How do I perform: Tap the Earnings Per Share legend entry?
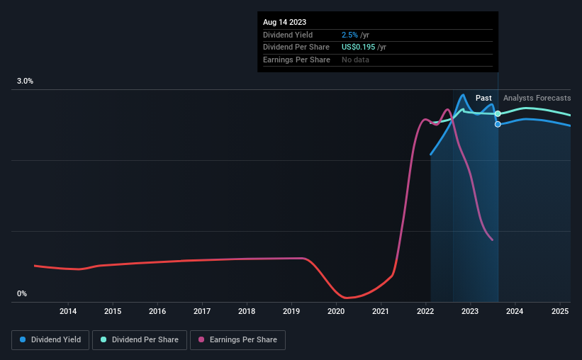pos(238,340)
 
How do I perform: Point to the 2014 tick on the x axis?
pos(68,312)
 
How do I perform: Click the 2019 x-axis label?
pos(291,312)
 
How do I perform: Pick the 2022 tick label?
pos(425,312)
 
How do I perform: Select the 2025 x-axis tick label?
pos(559,312)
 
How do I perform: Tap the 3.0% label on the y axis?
pos(26,81)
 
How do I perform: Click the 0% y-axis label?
pos(22,294)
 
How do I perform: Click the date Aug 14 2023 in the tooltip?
pos(285,23)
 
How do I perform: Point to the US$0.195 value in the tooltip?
pos(360,47)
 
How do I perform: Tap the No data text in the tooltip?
pos(355,60)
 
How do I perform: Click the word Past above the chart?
pos(483,98)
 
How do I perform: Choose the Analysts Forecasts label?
pos(537,98)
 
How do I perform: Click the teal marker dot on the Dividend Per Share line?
pos(498,113)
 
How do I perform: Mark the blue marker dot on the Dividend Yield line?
pos(498,124)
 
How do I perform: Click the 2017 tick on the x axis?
pos(202,312)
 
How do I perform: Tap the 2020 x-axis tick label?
pos(336,312)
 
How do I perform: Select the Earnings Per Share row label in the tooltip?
pos(296,60)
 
